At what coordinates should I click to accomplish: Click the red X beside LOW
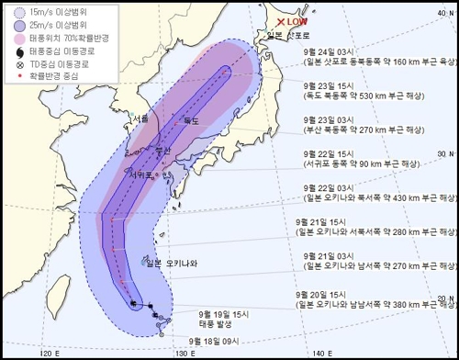coord(282,21)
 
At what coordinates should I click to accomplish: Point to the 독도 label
coord(191,120)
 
